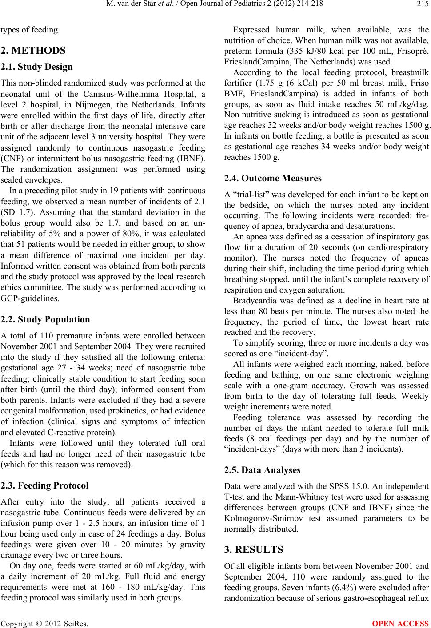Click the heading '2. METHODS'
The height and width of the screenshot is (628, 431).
tap(33, 50)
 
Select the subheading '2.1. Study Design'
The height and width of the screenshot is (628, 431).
tap(36, 67)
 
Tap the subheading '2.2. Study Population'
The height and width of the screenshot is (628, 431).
tap(45, 319)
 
